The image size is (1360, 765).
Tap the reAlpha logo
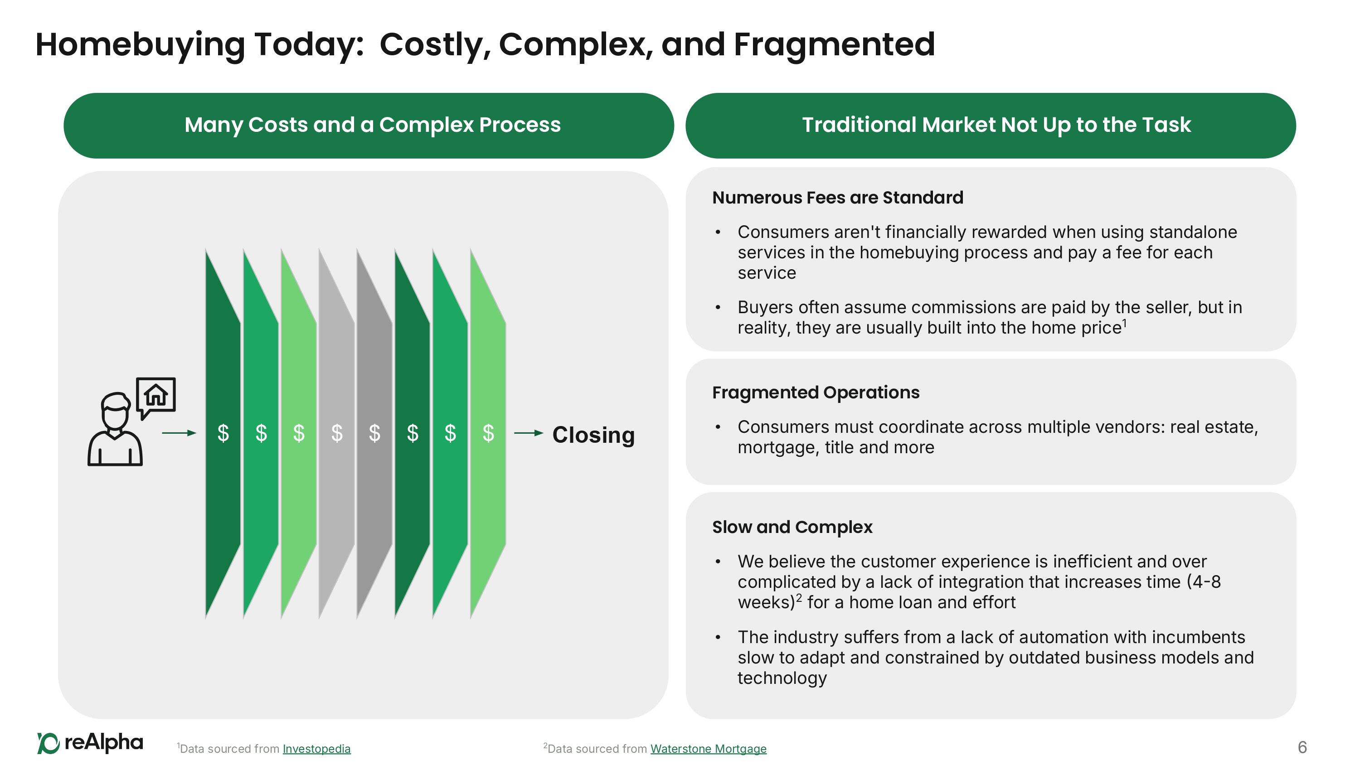[x=90, y=743]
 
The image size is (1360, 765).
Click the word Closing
[x=593, y=435]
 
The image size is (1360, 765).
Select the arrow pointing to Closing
[x=529, y=433]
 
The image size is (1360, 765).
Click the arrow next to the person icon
[x=179, y=433]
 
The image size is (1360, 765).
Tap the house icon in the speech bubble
[x=156, y=394]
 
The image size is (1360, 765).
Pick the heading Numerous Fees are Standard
[x=837, y=198]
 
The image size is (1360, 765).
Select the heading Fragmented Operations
[x=816, y=392]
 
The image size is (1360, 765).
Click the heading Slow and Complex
[x=792, y=527]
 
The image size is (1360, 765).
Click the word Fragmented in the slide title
[x=834, y=44]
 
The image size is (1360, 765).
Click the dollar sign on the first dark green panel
[x=223, y=433]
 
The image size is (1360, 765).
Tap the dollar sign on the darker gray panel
[x=374, y=433]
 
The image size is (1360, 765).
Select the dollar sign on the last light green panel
[x=488, y=433]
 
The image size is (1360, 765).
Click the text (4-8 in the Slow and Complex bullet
[x=1204, y=582]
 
